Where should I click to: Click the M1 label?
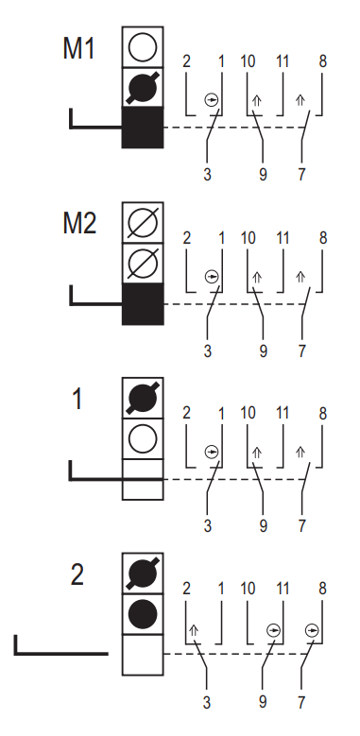pyautogui.click(x=78, y=48)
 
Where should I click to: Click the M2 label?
pyautogui.click(x=79, y=223)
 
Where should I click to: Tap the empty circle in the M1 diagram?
pyautogui.click(x=143, y=47)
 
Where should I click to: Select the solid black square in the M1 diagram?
pyautogui.click(x=143, y=128)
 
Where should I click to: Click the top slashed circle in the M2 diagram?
pyautogui.click(x=143, y=222)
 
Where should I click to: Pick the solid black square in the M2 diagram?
pyautogui.click(x=143, y=303)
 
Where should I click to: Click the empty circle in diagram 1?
pyautogui.click(x=143, y=438)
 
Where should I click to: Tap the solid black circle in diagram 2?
pyautogui.click(x=143, y=614)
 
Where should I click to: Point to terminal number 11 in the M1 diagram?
pyautogui.click(x=283, y=61)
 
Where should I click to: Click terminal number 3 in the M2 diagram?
pyautogui.click(x=207, y=351)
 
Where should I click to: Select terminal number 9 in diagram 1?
pyautogui.click(x=263, y=525)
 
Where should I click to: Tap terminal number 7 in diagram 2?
pyautogui.click(x=301, y=702)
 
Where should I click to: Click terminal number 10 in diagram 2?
pyautogui.click(x=248, y=589)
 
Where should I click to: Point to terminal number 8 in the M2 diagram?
pyautogui.click(x=322, y=238)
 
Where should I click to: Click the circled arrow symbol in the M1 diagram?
pyautogui.click(x=212, y=100)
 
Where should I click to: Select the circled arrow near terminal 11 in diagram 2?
pyautogui.click(x=274, y=630)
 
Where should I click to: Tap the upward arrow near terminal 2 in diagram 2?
pyautogui.click(x=194, y=630)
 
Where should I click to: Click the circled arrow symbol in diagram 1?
pyautogui.click(x=212, y=452)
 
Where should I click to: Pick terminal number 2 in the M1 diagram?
pyautogui.click(x=186, y=61)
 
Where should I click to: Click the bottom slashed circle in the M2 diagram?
pyautogui.click(x=143, y=263)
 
